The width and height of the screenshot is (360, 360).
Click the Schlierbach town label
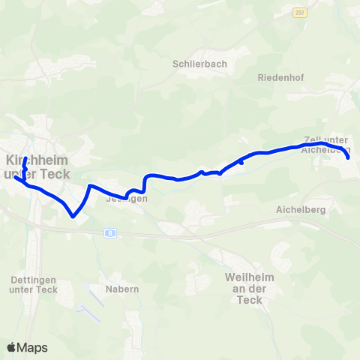[x=199, y=64]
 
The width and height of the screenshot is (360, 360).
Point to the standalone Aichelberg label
[x=300, y=210]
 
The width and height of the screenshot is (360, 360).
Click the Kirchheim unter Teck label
[x=37, y=167]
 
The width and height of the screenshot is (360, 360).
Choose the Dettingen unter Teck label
[x=34, y=284]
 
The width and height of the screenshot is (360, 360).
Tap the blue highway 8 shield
[x=110, y=233]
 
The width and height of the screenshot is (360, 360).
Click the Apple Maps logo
[x=26, y=347]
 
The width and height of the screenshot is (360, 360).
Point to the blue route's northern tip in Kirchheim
[x=25, y=158]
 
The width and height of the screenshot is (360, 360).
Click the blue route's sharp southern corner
[x=73, y=217]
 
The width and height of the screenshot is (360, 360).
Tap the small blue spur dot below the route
[x=241, y=162]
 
